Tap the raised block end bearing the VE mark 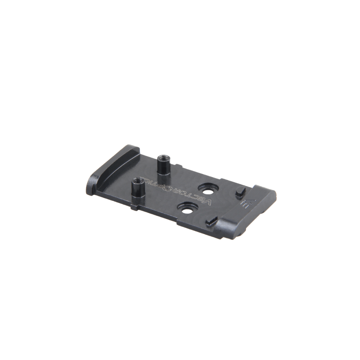(247, 210)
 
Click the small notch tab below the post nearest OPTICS (134, 207)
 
